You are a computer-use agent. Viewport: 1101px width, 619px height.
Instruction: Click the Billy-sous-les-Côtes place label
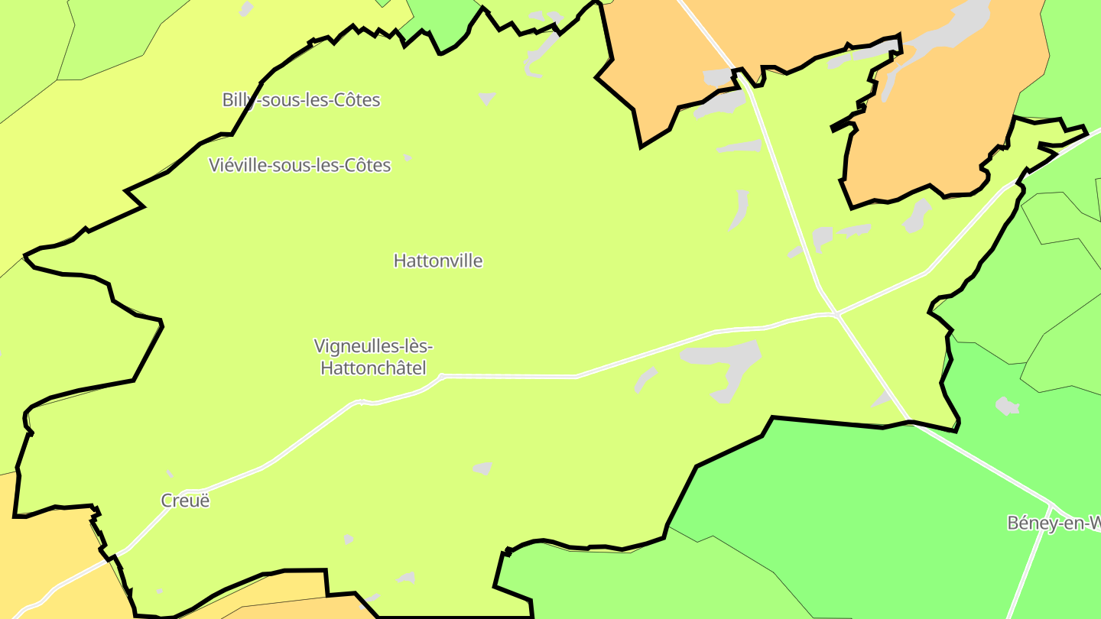(x=301, y=99)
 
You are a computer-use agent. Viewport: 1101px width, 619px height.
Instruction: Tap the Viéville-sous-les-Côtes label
(x=300, y=165)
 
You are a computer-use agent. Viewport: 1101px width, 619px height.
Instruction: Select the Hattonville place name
(x=438, y=261)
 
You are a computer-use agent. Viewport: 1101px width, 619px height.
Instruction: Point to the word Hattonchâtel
(x=373, y=368)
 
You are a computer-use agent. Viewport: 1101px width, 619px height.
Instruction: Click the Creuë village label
(x=185, y=501)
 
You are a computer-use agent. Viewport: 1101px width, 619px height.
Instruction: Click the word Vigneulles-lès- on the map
(x=374, y=346)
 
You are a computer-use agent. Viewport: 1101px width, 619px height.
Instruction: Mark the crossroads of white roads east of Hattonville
(x=838, y=313)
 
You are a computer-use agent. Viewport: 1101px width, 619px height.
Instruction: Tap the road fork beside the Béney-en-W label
(x=1052, y=507)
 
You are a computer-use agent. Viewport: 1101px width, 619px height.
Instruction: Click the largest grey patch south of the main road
(x=726, y=363)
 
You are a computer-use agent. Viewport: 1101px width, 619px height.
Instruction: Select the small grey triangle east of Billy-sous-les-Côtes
(x=486, y=98)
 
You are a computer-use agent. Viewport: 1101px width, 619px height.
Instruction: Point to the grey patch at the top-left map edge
(x=246, y=8)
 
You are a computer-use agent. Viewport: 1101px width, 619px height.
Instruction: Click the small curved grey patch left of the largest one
(x=645, y=378)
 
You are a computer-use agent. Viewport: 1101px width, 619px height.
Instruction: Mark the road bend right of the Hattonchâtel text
(x=442, y=376)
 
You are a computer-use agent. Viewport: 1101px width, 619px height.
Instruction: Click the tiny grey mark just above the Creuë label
(x=170, y=475)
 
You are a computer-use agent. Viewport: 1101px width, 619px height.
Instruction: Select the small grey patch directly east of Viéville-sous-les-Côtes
(x=408, y=157)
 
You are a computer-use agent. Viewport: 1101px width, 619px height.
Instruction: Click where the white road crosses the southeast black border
(x=911, y=420)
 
